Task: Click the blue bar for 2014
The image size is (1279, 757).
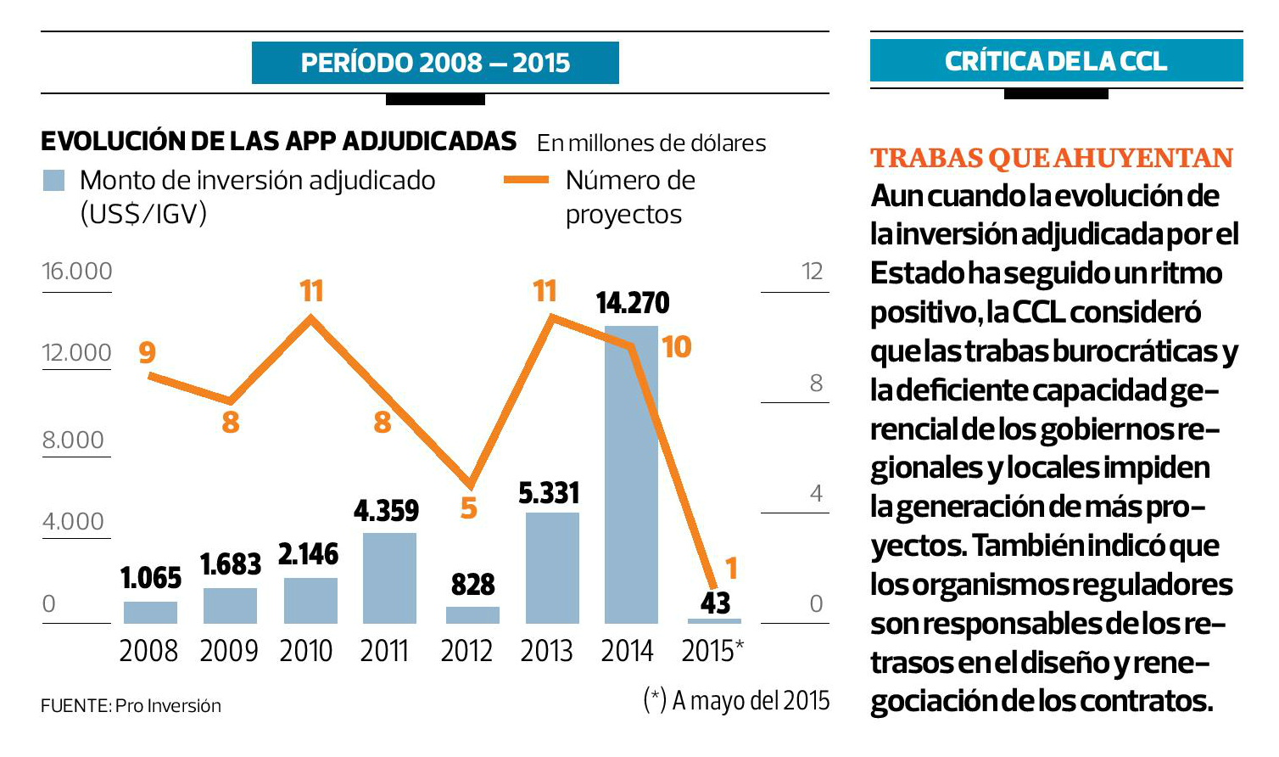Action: coord(631,475)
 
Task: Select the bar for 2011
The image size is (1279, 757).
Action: coord(389,579)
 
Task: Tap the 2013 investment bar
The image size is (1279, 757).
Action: coord(552,569)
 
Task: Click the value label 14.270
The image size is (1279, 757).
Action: coord(633,303)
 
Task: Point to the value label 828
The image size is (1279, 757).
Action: coord(472,585)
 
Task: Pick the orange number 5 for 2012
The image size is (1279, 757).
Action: coord(469,508)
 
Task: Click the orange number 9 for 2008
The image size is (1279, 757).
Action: coord(148,352)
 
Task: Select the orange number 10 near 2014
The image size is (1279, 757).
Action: coord(677,347)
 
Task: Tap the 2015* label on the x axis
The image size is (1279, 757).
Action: coord(712,651)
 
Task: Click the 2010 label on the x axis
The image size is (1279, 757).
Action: coord(306,651)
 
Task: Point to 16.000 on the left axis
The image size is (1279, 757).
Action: coord(77,272)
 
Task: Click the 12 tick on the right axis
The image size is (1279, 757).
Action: coord(813,272)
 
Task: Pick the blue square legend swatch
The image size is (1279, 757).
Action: coord(53,181)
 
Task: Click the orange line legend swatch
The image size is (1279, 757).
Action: coord(526,180)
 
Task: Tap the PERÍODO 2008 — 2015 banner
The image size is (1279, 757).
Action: coord(435,63)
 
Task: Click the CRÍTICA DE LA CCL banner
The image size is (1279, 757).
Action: coord(1056,61)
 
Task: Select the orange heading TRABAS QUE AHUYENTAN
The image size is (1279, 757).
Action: coord(1052,159)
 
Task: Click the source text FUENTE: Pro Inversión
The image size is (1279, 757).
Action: coord(131,706)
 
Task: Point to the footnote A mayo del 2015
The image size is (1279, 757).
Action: coord(737,700)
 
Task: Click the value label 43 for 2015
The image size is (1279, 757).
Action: coord(716,603)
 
